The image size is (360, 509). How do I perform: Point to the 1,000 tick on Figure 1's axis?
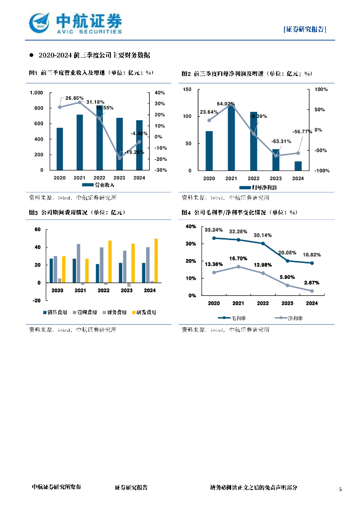[x=37, y=93]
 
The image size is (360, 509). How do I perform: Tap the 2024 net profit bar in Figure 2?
[x=298, y=166]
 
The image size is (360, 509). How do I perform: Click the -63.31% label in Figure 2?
[x=281, y=141]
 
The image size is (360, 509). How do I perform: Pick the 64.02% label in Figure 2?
[x=226, y=104]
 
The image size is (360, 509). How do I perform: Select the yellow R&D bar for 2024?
[x=156, y=260]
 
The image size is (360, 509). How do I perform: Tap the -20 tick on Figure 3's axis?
[x=37, y=301]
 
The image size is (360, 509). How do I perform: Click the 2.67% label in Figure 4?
[x=312, y=283]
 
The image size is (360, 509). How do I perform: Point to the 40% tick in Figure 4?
[x=190, y=227]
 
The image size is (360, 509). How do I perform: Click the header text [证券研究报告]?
[x=305, y=29]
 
